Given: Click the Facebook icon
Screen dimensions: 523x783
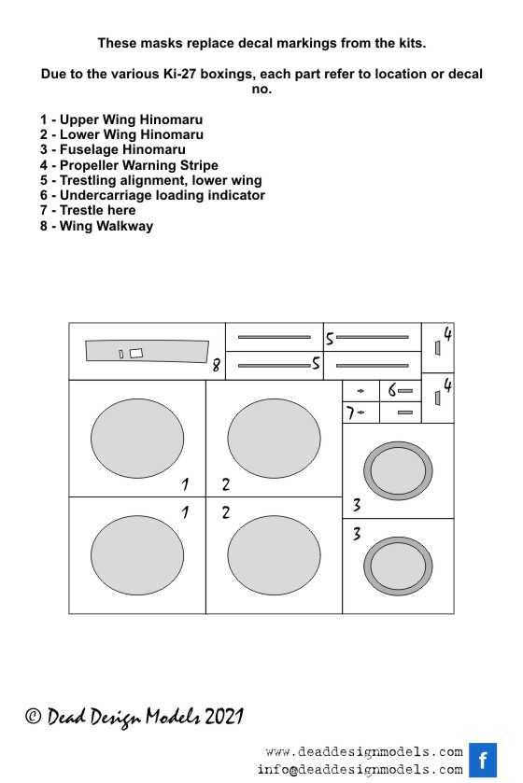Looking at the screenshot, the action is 483,760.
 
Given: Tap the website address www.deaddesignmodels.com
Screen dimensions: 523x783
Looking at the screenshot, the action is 364,752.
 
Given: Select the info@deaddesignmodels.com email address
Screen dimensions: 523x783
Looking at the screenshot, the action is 360,770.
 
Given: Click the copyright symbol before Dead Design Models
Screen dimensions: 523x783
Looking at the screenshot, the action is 33,717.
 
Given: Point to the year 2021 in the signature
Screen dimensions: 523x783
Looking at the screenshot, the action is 223,717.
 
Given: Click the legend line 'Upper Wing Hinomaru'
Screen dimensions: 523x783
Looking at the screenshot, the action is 121,119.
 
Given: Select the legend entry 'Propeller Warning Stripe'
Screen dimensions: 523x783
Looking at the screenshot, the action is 130,165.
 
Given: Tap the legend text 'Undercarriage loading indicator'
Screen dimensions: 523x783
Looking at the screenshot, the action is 152,195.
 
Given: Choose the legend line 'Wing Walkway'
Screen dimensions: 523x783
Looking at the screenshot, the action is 96,226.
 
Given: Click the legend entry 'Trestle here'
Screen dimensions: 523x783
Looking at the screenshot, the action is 88,210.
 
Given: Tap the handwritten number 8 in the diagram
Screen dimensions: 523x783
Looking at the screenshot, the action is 216,366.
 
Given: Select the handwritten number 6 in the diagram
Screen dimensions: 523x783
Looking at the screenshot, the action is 392,390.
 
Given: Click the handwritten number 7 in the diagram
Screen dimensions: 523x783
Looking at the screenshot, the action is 350,413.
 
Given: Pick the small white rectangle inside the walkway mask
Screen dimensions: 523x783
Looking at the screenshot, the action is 135,353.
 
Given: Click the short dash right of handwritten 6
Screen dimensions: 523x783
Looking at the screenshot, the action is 405,390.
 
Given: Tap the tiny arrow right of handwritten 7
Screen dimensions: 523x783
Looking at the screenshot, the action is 361,412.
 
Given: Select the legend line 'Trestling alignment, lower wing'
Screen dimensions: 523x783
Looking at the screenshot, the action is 151,180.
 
